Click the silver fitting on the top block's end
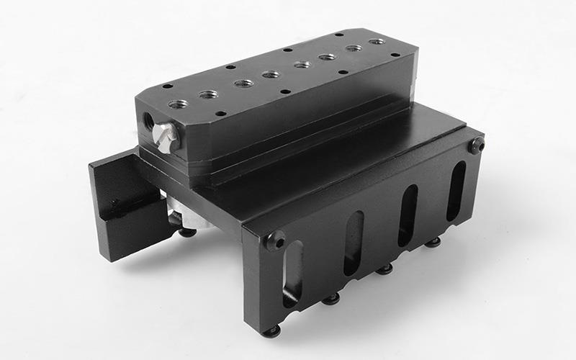coord(166,137)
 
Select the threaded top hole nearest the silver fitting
coord(178,104)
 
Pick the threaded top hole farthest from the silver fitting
coord(377,42)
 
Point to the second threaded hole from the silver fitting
coord(209,94)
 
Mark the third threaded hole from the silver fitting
coord(243,84)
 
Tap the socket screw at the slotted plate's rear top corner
coord(476,145)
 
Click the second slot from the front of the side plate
coord(354,243)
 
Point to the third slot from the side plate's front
coord(408,215)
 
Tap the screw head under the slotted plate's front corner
coord(271,331)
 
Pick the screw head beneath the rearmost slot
coord(433,243)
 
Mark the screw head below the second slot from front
coord(331,298)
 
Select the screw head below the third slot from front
coord(386,269)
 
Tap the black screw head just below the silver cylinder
coord(186,231)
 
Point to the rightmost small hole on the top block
coord(395,54)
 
